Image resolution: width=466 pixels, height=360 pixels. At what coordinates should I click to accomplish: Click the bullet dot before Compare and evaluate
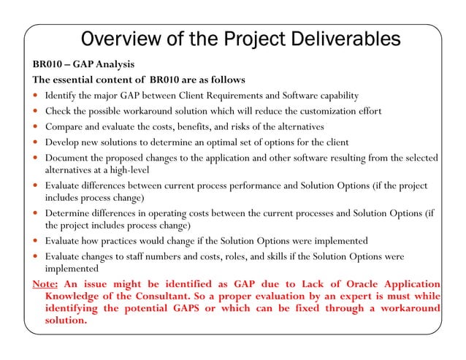pyautogui.click(x=37, y=127)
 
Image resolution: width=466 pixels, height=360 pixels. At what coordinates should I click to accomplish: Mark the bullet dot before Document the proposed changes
pyautogui.click(x=37, y=158)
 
